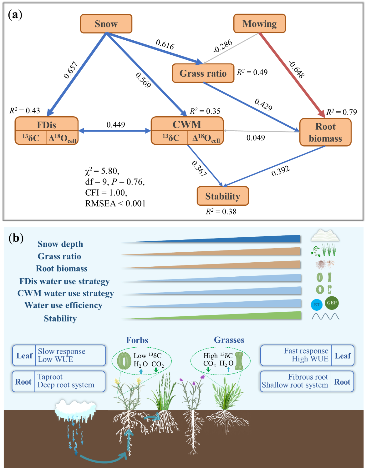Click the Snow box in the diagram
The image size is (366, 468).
(x=106, y=24)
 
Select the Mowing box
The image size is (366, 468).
(x=259, y=24)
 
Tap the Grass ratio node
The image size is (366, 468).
(x=203, y=73)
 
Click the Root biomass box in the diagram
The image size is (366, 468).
(x=325, y=132)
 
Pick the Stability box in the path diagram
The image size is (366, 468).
(x=223, y=196)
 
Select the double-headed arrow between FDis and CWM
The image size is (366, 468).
(x=114, y=131)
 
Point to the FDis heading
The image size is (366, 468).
(x=47, y=125)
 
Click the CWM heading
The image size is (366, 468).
(x=187, y=124)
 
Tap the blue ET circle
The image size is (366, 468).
(x=317, y=305)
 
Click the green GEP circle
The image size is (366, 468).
(x=332, y=303)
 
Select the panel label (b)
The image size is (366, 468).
(x=16, y=238)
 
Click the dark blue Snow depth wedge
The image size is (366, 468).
(x=250, y=239)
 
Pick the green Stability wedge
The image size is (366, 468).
(x=250, y=316)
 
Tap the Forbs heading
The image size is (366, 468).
(x=137, y=340)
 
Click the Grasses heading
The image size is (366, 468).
(x=229, y=340)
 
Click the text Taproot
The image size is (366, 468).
(x=50, y=377)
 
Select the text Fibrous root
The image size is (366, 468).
(x=308, y=377)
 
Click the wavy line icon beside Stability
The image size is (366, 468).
(x=325, y=317)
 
